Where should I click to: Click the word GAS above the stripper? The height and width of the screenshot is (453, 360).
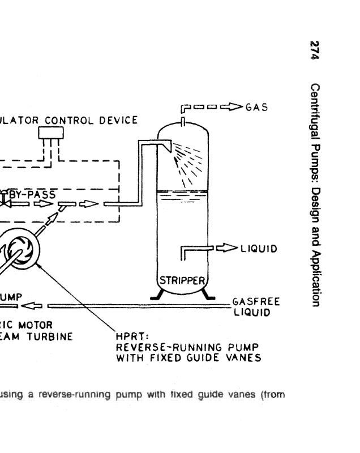click(x=255, y=106)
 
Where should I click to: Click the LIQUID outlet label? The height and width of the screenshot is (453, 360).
click(x=259, y=247)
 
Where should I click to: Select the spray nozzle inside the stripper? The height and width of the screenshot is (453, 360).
click(x=168, y=147)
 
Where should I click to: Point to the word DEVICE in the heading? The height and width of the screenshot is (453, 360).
click(x=119, y=119)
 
